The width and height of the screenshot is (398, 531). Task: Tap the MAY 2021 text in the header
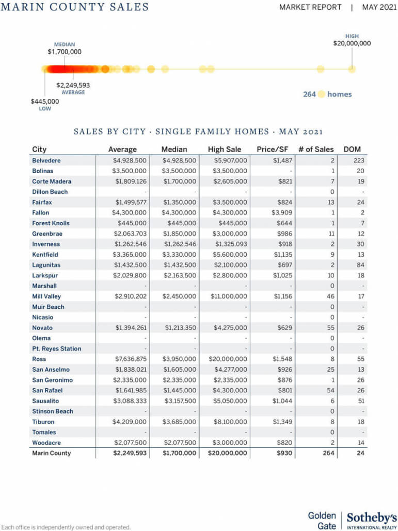pos(379,7)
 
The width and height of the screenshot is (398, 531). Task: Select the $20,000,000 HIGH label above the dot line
pos(352,43)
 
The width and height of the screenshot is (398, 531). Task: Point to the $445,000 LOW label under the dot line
pos(45,102)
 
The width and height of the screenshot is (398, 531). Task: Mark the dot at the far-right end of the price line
pos(352,69)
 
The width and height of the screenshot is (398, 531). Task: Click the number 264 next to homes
pos(309,94)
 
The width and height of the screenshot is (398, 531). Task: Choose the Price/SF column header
pos(272,150)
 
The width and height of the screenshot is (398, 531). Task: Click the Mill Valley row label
pos(46,296)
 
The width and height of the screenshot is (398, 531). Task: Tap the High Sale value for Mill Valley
pos(229,296)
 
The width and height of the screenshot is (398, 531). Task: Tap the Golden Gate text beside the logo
pos(322,521)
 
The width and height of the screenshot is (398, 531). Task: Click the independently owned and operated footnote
pos(66,527)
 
